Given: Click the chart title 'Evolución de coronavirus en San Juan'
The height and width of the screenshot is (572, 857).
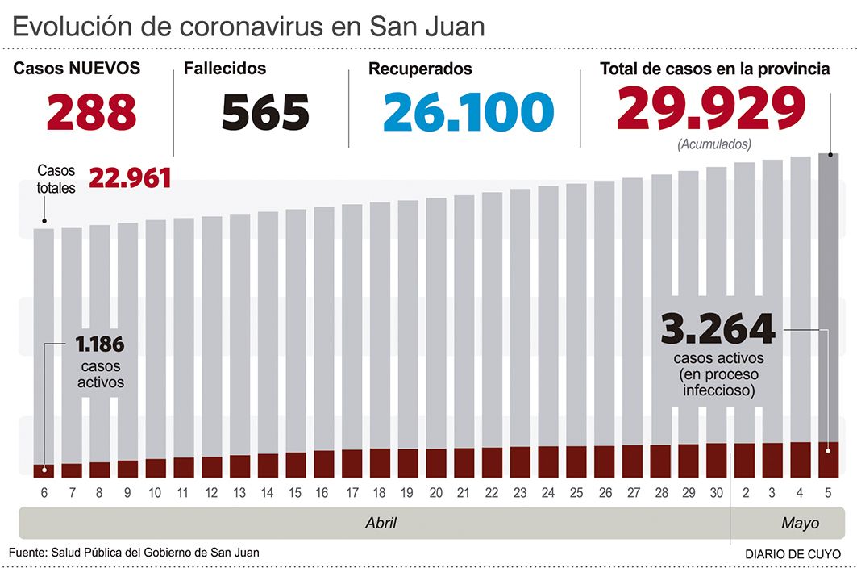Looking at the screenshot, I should (x=248, y=27).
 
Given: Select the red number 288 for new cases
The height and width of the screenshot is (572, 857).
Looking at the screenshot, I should (x=91, y=112).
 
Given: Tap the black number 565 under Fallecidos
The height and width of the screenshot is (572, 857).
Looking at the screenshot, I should (x=265, y=112).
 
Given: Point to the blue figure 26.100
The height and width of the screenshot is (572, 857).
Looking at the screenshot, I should (x=468, y=112).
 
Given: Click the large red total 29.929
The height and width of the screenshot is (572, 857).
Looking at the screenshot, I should (x=712, y=108).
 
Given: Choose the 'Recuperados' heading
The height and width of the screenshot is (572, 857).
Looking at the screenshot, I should (x=420, y=69).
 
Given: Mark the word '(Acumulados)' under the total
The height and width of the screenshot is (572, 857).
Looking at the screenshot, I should (x=714, y=145).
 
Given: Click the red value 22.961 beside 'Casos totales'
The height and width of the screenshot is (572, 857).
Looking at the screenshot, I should (x=130, y=177).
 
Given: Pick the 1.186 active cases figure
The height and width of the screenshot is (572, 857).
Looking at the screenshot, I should (x=100, y=345).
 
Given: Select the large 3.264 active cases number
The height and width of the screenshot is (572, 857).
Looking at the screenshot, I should (x=718, y=329).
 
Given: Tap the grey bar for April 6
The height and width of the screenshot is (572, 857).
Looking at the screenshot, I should (x=44, y=347).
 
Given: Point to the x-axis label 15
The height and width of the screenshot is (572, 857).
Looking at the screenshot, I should (x=295, y=493).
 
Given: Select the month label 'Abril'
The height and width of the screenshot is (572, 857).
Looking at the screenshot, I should (x=381, y=523).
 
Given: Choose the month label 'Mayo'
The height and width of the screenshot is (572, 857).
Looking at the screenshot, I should (x=800, y=523).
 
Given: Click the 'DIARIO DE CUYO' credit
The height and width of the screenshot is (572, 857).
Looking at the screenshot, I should (x=792, y=554).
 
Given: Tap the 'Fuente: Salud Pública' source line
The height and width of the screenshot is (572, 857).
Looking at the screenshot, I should (x=135, y=552).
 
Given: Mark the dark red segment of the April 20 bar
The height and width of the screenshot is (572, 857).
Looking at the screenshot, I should (x=436, y=462).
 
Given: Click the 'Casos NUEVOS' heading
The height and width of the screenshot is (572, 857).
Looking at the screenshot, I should (x=77, y=69).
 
